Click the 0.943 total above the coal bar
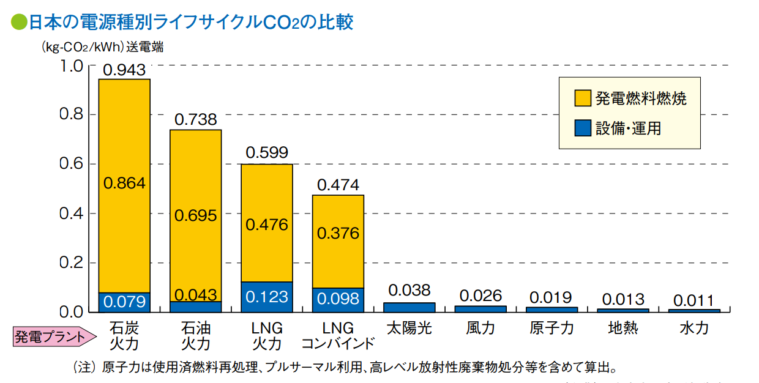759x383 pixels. coord(124,70)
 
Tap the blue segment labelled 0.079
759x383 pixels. coord(124,302)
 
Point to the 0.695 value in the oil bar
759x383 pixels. coord(195,215)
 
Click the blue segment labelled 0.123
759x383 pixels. coord(266,297)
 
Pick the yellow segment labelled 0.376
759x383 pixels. coord(338,234)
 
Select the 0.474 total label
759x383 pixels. coord(338,185)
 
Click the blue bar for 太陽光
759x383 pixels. coord(409,307)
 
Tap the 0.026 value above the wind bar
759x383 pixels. coord(480,296)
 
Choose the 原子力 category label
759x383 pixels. coord(551,329)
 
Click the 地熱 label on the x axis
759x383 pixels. coord(623,329)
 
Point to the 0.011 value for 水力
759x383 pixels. coord(694,300)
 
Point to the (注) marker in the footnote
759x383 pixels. coord(85,368)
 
